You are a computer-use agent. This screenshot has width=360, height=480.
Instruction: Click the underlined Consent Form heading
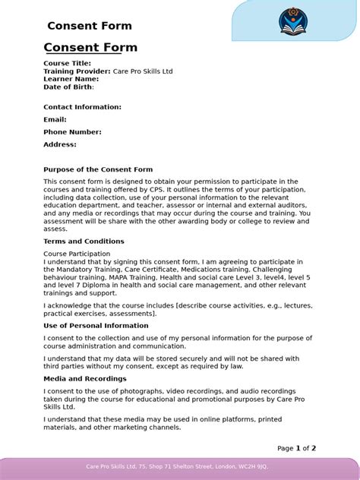90,48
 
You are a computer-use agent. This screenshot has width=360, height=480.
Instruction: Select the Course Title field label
67,64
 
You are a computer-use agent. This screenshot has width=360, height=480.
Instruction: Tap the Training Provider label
77,71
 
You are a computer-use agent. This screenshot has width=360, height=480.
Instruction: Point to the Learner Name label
71,79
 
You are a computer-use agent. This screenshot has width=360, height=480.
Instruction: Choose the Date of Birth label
68,87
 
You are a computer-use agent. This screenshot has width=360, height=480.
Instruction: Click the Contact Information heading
82,107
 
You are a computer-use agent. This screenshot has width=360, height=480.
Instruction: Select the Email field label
55,119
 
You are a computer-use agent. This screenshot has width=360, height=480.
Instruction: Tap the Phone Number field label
72,132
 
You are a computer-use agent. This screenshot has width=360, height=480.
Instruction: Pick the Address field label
60,144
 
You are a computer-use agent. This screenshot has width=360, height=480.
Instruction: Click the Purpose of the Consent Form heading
98,169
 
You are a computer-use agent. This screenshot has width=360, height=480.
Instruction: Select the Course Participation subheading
77,253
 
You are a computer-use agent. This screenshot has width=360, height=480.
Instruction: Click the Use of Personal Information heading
96,325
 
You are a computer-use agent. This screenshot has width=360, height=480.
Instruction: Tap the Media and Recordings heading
85,378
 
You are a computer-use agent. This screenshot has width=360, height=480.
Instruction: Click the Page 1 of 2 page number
296,448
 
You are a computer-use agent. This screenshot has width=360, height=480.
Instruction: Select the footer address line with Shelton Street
177,466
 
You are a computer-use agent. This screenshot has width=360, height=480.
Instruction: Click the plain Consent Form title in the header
89,26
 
